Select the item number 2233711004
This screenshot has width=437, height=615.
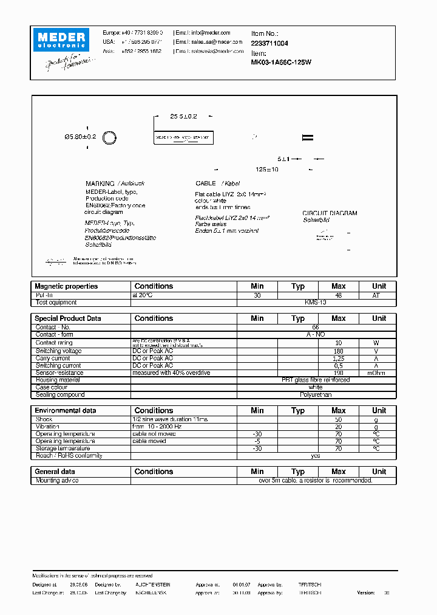coord(269,43)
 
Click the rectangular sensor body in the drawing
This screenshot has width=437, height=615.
coord(184,138)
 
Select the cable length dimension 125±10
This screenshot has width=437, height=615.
coord(266,170)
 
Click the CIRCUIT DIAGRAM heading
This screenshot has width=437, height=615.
coord(330,213)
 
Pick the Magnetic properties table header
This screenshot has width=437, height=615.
coord(66,286)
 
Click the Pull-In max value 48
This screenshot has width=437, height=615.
coord(338,295)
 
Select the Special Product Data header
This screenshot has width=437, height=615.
coord(68,318)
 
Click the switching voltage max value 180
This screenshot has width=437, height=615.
coord(338,351)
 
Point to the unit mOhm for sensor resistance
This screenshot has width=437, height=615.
coord(379,373)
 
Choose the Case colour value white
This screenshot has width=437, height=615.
coord(316,387)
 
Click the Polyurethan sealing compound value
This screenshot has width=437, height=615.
coord(316,394)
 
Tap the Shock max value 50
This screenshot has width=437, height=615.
coord(338,419)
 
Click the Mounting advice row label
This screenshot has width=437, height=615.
coord(57,480)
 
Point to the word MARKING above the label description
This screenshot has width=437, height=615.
coord(100,183)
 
